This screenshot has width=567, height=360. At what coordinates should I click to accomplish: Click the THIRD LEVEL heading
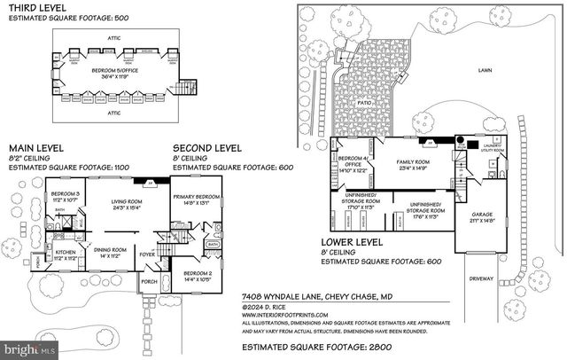pyautogui.click(x=33, y=7)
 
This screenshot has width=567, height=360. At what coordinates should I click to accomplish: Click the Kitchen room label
pyautogui.click(x=66, y=254)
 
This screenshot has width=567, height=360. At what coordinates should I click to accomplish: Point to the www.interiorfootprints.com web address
pyautogui.click(x=284, y=315)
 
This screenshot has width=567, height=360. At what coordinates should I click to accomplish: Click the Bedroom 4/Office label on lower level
pyautogui.click(x=352, y=163)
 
